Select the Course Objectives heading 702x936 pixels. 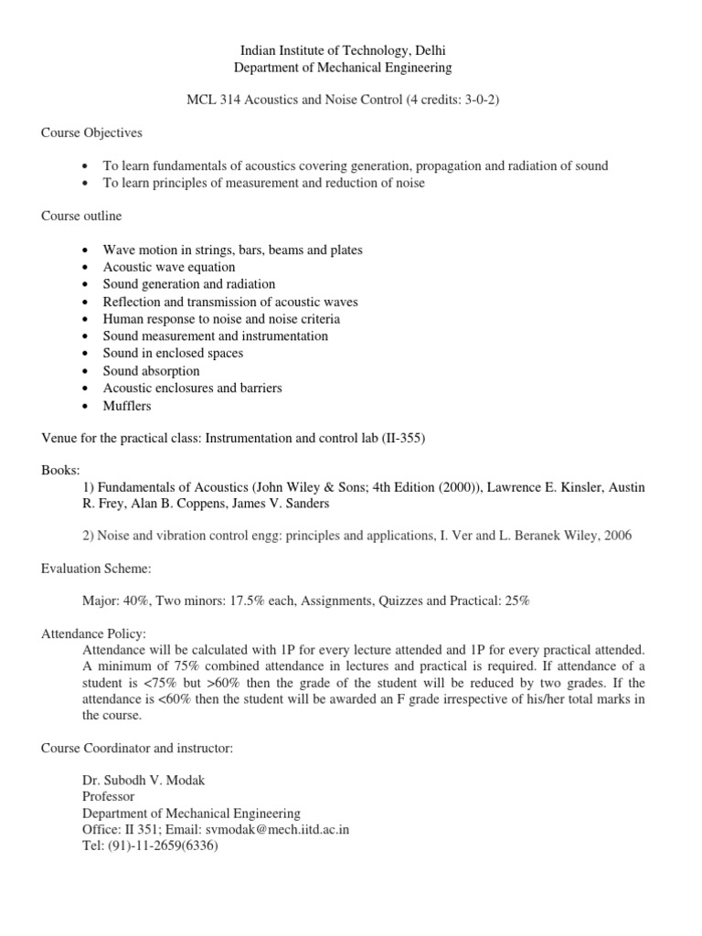[91, 133]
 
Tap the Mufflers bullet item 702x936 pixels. [127, 405]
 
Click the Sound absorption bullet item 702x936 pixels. [151, 371]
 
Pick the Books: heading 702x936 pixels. [60, 470]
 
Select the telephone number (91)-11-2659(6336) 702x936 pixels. [151, 846]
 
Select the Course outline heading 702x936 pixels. [81, 216]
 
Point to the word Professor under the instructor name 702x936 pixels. [109, 795]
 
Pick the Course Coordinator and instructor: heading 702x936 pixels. [137, 748]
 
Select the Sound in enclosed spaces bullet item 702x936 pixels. [173, 353]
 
